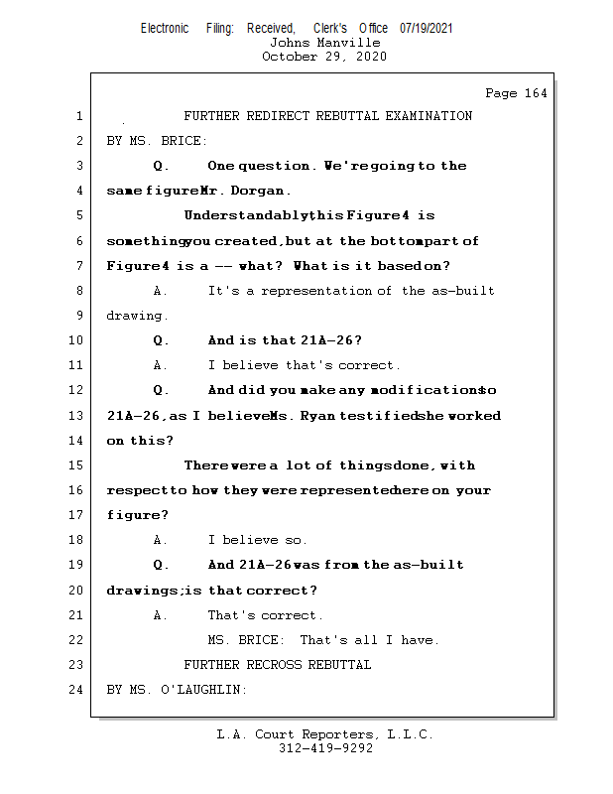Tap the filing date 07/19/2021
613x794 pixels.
coord(427,29)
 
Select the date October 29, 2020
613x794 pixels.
coord(324,57)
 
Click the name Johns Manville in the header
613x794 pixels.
coord(324,43)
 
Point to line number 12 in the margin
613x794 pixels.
coord(78,390)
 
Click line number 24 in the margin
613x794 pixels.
coord(78,689)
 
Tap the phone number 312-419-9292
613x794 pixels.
coord(324,748)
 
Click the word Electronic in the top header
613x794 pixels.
coord(165,29)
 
